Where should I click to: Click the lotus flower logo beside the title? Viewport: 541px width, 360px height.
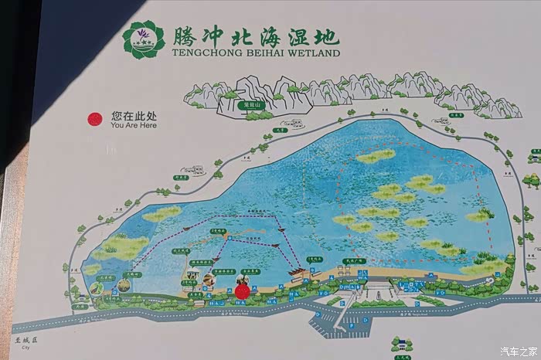pyautogui.click(x=144, y=39)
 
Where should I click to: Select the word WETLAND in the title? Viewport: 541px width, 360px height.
pyautogui.click(x=314, y=54)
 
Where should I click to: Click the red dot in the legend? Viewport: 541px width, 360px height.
pyautogui.click(x=95, y=119)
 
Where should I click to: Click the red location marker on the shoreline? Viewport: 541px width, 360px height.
pyautogui.click(x=242, y=290)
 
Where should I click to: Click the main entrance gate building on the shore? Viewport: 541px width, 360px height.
pyautogui.click(x=378, y=287)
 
